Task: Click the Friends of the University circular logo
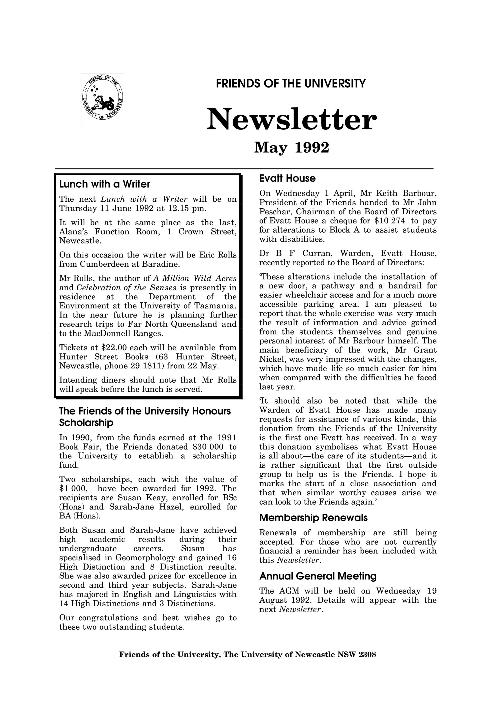click(x=103, y=98)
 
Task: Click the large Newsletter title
click(x=292, y=119)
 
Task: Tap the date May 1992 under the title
click(x=292, y=148)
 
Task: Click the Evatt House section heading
click(x=287, y=178)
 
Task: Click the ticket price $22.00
click(x=112, y=348)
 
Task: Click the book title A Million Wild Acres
click(x=195, y=279)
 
